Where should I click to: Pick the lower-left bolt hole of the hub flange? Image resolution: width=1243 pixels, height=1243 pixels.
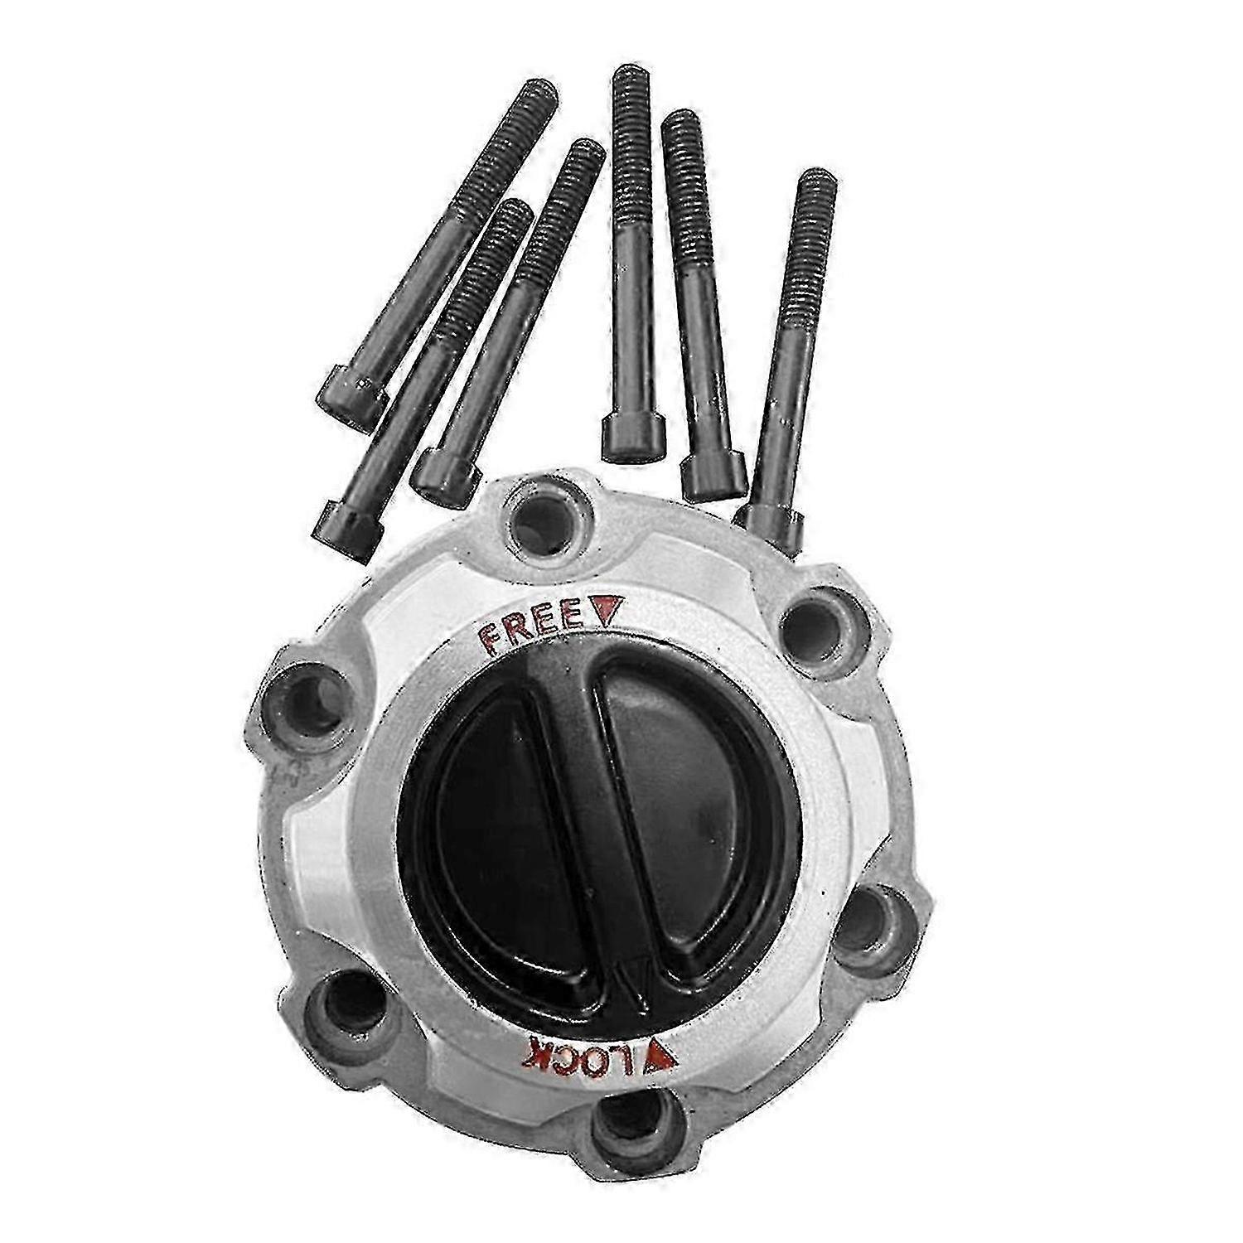coord(348,1007)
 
